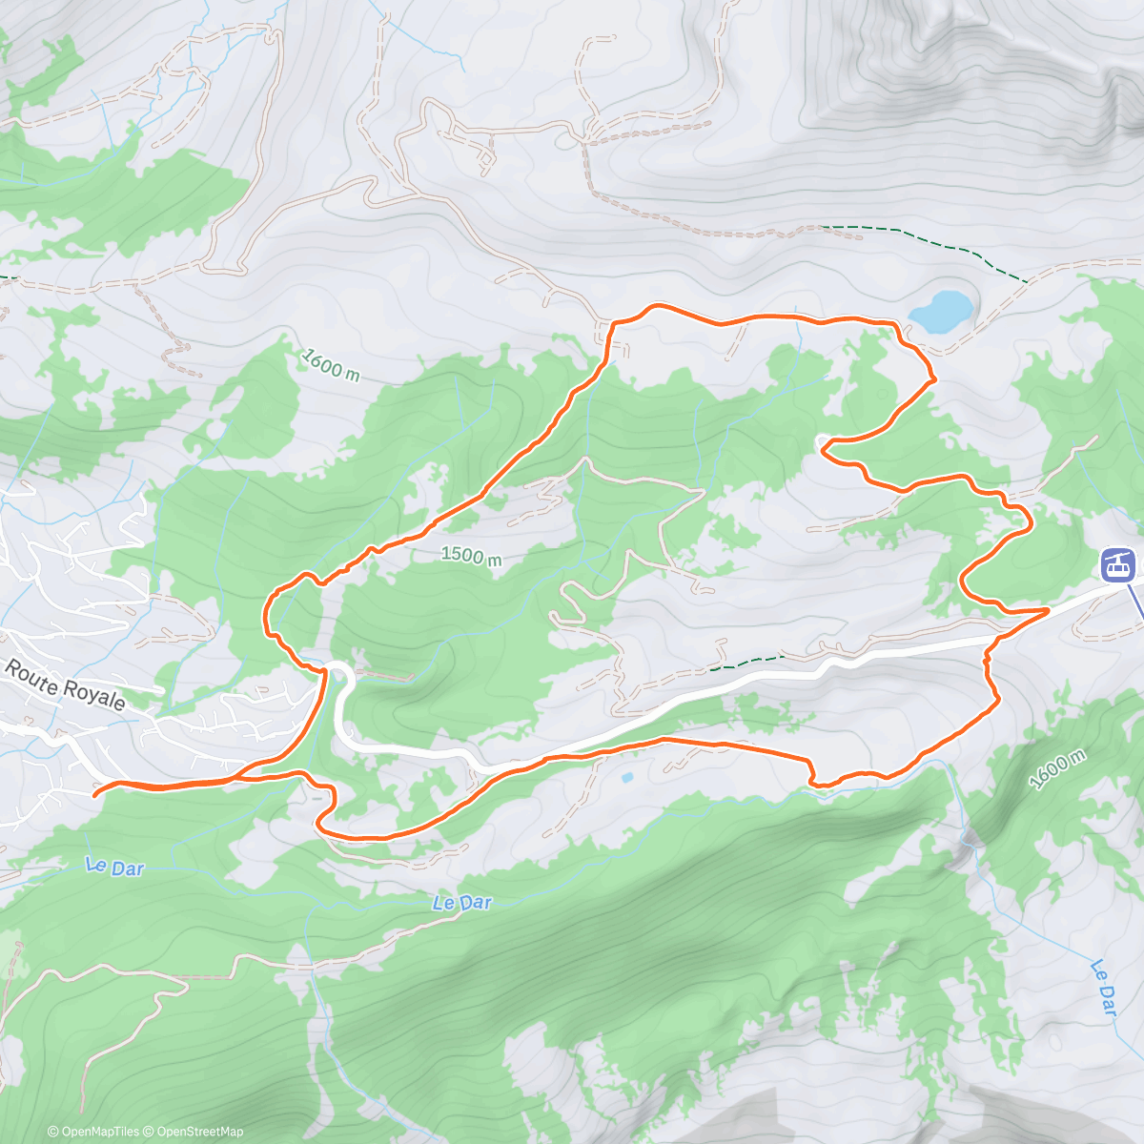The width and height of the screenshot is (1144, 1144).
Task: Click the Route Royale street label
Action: point(65,684)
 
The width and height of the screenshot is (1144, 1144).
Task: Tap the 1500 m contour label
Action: point(471,555)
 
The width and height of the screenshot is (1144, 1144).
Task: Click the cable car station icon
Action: point(1117,564)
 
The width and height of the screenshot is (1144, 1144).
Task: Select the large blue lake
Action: point(942,311)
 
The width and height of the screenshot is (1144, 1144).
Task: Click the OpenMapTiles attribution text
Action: point(99,1132)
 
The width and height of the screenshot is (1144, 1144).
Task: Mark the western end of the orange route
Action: point(96,792)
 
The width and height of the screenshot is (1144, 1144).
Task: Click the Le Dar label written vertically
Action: point(1103,986)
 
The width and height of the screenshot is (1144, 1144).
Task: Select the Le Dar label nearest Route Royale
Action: point(113,867)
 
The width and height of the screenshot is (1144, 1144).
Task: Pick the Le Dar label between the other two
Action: point(461,902)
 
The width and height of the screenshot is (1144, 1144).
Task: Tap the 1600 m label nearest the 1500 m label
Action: point(330,364)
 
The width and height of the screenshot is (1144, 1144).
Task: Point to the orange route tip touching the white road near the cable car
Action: point(1047,608)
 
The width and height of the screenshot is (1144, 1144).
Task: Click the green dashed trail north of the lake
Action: point(915,233)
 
